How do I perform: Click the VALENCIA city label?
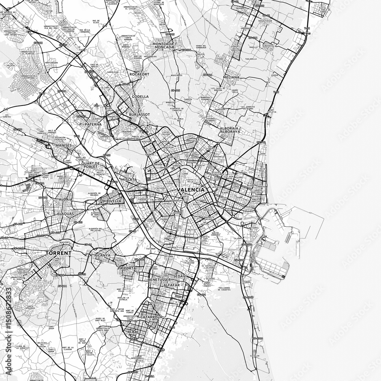(190, 189)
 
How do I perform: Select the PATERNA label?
(93, 124)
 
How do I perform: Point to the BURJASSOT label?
(139, 114)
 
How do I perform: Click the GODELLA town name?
(140, 97)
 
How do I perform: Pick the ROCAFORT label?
(138, 74)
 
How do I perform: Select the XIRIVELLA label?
(112, 200)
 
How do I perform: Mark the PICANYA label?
(102, 256)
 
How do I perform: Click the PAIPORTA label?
(126, 268)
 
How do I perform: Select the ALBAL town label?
(134, 332)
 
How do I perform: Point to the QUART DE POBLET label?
(90, 165)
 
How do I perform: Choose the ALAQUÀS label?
(65, 214)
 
